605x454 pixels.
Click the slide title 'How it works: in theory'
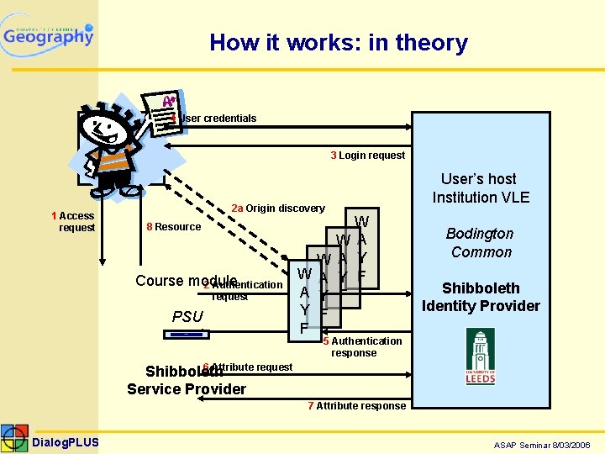point(339,43)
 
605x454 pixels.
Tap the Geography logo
point(48,35)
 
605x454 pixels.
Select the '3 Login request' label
point(367,155)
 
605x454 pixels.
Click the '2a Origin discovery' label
point(277,209)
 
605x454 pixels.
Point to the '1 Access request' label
point(73,222)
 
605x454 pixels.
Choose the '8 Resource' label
point(173,227)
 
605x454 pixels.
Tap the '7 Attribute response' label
point(356,406)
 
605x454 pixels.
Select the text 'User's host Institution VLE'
point(481,188)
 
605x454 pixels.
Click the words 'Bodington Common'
point(481,243)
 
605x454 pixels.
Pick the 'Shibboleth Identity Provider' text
point(481,296)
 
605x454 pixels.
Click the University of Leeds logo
point(481,356)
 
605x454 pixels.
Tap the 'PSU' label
point(187,317)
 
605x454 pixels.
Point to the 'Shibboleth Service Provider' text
point(187,380)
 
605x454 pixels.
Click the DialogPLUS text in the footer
point(66,442)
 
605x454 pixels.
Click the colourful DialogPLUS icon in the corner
point(14,439)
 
